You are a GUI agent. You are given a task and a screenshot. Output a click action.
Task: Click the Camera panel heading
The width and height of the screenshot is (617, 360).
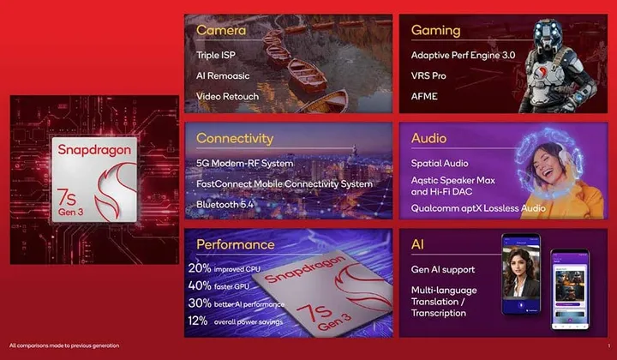(x=221, y=31)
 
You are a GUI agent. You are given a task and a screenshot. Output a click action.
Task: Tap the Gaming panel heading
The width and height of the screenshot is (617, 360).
(x=436, y=31)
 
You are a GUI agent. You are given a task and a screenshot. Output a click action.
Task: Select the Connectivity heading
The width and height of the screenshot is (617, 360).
(x=235, y=138)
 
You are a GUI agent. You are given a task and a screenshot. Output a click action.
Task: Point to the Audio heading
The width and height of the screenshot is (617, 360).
(x=428, y=137)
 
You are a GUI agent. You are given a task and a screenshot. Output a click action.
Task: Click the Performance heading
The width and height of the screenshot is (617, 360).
(x=236, y=244)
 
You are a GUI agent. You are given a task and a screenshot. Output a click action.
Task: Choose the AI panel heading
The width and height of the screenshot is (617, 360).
(x=419, y=244)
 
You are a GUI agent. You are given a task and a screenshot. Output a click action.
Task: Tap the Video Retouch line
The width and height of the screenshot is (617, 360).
(x=227, y=96)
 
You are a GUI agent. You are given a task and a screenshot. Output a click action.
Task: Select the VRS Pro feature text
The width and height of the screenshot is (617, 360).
(x=428, y=75)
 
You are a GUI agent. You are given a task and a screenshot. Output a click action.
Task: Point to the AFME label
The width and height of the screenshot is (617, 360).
(x=424, y=96)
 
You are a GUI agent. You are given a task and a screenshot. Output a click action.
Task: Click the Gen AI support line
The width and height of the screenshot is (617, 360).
(x=443, y=270)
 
